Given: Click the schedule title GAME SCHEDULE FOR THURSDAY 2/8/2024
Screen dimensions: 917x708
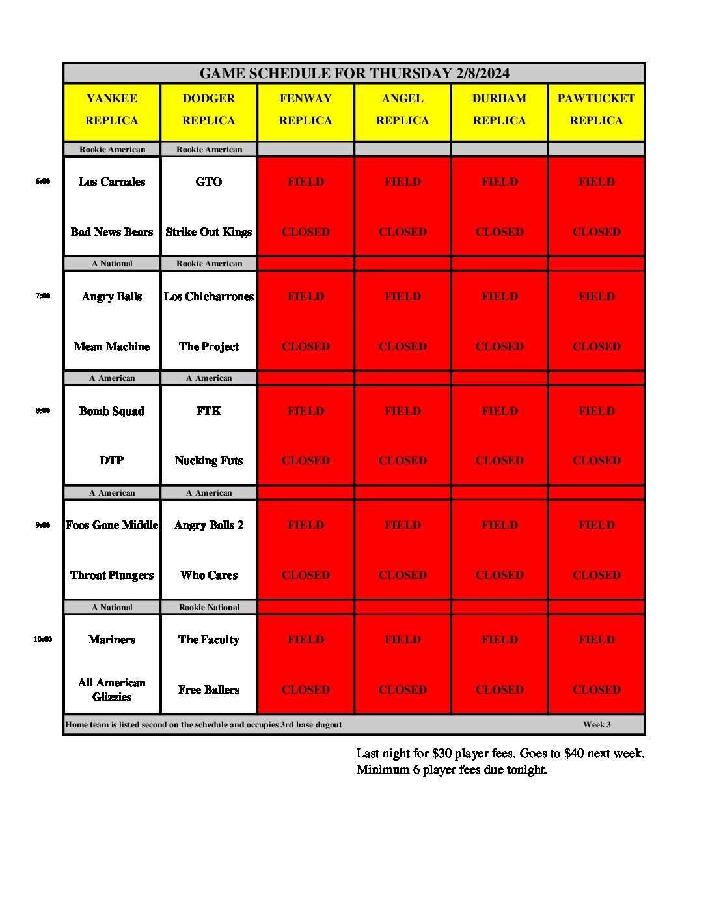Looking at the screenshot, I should click(354, 74).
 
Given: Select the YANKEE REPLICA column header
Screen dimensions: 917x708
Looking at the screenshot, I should click(112, 109).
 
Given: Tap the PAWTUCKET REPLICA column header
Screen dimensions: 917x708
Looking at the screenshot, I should click(596, 109).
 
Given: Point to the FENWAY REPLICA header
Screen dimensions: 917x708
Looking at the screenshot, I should click(306, 109).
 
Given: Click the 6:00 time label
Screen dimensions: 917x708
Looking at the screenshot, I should click(43, 182).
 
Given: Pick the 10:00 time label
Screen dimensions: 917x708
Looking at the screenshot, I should click(43, 640).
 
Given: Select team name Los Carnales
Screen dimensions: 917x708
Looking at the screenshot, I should click(112, 182).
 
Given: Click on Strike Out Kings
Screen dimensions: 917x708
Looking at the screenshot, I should click(209, 233).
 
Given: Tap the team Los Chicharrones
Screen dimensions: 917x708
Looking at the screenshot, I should click(209, 297).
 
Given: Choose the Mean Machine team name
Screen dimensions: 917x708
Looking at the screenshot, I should click(112, 347).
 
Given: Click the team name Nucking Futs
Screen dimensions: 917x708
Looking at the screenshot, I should click(209, 461).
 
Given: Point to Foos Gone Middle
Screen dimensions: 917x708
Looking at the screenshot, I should click(112, 526).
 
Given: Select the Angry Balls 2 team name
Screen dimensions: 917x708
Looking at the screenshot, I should click(209, 526).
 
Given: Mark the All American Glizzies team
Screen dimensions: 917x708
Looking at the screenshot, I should click(112, 690).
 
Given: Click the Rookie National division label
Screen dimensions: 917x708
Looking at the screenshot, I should click(210, 608).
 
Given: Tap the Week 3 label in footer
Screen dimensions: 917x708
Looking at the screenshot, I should click(597, 725).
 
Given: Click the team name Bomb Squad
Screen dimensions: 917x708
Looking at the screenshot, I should click(112, 412).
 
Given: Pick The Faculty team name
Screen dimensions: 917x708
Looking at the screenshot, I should click(209, 640).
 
